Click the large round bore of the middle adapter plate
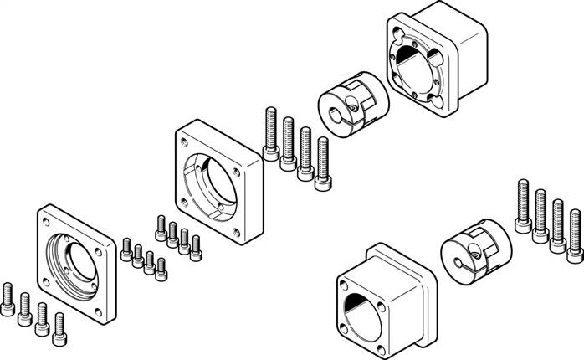coord(215,177)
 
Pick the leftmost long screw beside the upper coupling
coord(271,133)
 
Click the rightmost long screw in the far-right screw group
coord(574,234)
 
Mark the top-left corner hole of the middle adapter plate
coord(185,140)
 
